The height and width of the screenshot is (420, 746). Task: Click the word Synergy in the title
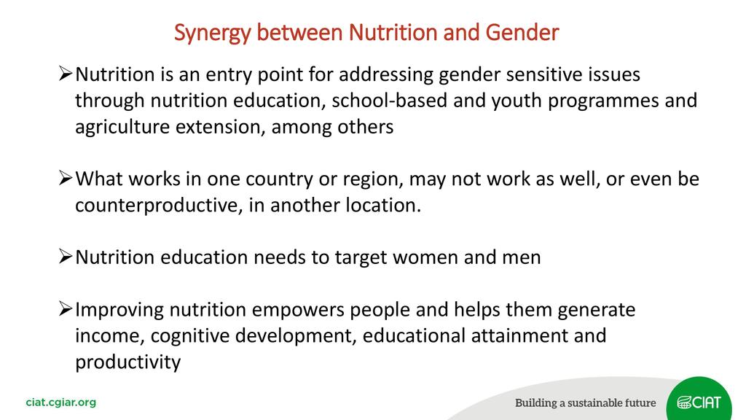coord(212,34)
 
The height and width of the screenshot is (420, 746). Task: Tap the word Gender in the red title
coord(522,32)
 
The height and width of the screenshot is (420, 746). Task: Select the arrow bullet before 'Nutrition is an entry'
coord(66,74)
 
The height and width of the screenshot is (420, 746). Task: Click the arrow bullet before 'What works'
coord(66,178)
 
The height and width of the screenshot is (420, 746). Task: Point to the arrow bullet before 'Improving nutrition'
coord(66,308)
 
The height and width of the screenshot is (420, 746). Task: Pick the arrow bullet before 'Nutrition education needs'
coord(66,256)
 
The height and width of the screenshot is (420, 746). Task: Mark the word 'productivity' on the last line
coord(128,363)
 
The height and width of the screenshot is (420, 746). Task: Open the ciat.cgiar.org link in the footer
coord(61,402)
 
